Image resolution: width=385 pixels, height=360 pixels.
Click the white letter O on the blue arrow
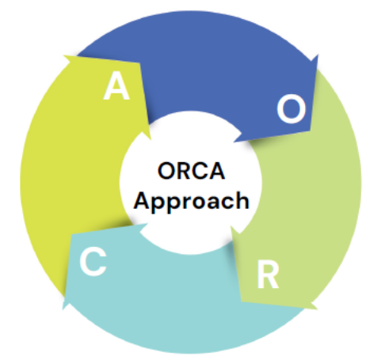click(292, 109)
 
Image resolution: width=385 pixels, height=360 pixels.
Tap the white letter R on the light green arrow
click(268, 275)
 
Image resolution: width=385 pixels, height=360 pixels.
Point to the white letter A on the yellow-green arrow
click(116, 85)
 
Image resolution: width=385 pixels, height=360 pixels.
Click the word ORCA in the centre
click(191, 171)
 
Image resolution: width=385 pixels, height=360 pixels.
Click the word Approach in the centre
click(192, 202)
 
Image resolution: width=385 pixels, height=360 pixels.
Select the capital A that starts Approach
click(143, 200)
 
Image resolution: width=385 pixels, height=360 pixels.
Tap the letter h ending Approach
click(242, 200)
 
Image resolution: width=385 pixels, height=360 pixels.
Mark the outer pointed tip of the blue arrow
click(318, 55)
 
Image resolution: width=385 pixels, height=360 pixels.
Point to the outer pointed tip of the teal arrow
click(63, 309)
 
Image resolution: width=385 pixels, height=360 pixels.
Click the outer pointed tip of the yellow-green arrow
click(63, 55)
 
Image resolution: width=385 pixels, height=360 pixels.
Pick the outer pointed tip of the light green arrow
click(318, 309)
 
